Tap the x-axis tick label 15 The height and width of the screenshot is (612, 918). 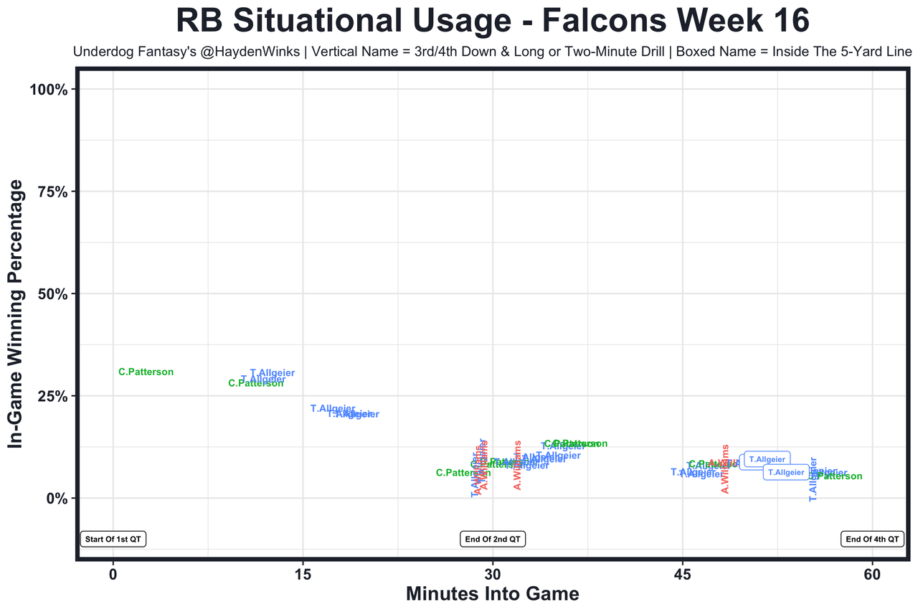point(303,576)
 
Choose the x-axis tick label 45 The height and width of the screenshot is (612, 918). point(682,576)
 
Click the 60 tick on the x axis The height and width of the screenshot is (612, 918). point(872,576)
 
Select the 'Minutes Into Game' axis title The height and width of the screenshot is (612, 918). point(493,595)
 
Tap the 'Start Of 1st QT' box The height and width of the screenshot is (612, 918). point(113,539)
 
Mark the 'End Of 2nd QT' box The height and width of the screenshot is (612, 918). point(493,539)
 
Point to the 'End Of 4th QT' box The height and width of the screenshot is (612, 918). point(872,539)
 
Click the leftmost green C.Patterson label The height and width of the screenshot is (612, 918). point(146,372)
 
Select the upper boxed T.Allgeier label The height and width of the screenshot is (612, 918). point(767,459)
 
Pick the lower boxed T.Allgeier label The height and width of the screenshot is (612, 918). point(786,472)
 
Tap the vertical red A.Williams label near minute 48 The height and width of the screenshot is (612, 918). point(725,469)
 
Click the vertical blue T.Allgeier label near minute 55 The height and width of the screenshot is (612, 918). point(813,479)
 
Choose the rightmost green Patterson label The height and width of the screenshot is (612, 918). point(840,476)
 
